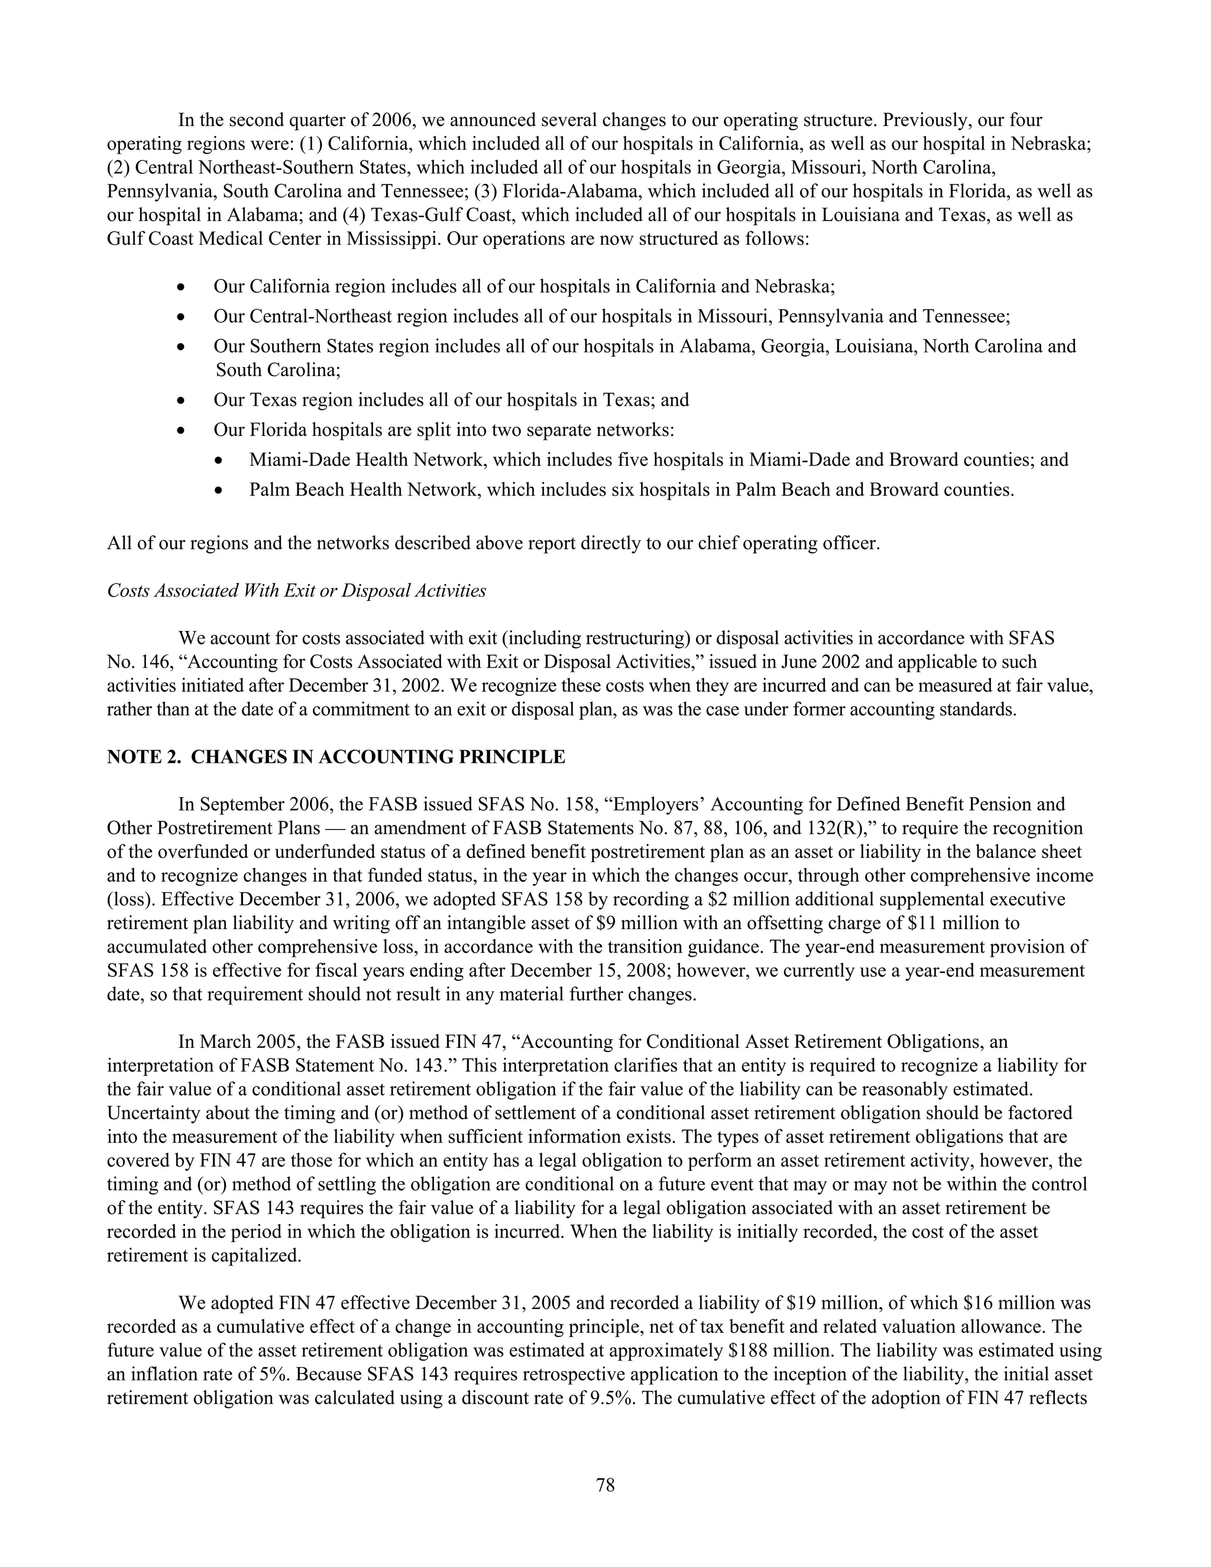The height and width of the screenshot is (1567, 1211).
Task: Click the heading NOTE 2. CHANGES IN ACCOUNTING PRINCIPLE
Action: pos(336,757)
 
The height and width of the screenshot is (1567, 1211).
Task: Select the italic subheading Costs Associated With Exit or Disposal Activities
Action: pos(296,591)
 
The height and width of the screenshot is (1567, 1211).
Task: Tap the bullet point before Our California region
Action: pos(182,288)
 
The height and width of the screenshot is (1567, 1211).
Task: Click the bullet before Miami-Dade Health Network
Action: pos(218,461)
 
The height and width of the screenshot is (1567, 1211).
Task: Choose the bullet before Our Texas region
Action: pos(182,401)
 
